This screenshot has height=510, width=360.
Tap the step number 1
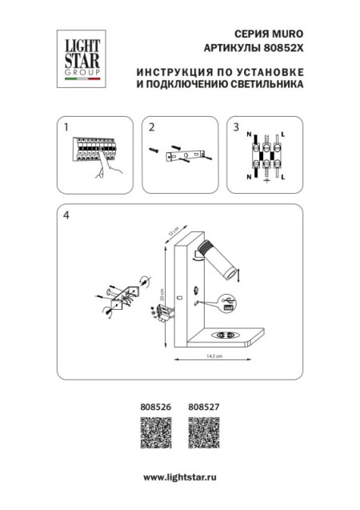pos(66,126)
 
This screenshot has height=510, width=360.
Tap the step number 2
pos(150,126)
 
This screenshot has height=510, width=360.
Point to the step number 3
pos(234,126)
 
